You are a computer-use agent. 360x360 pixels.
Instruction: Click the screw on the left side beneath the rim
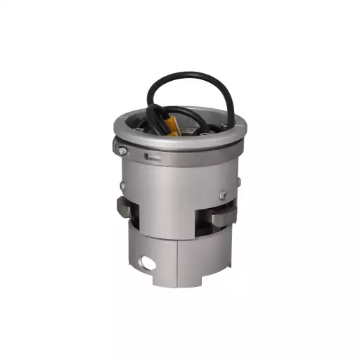tap(123, 150)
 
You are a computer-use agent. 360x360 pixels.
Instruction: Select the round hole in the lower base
tap(147, 263)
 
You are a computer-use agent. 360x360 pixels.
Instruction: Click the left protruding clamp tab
tap(127, 209)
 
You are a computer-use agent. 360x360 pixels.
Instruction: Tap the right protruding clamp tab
tap(223, 215)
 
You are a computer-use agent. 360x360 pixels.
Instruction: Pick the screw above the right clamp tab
tap(222, 195)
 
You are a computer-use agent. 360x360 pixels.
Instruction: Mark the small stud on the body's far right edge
tap(238, 182)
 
